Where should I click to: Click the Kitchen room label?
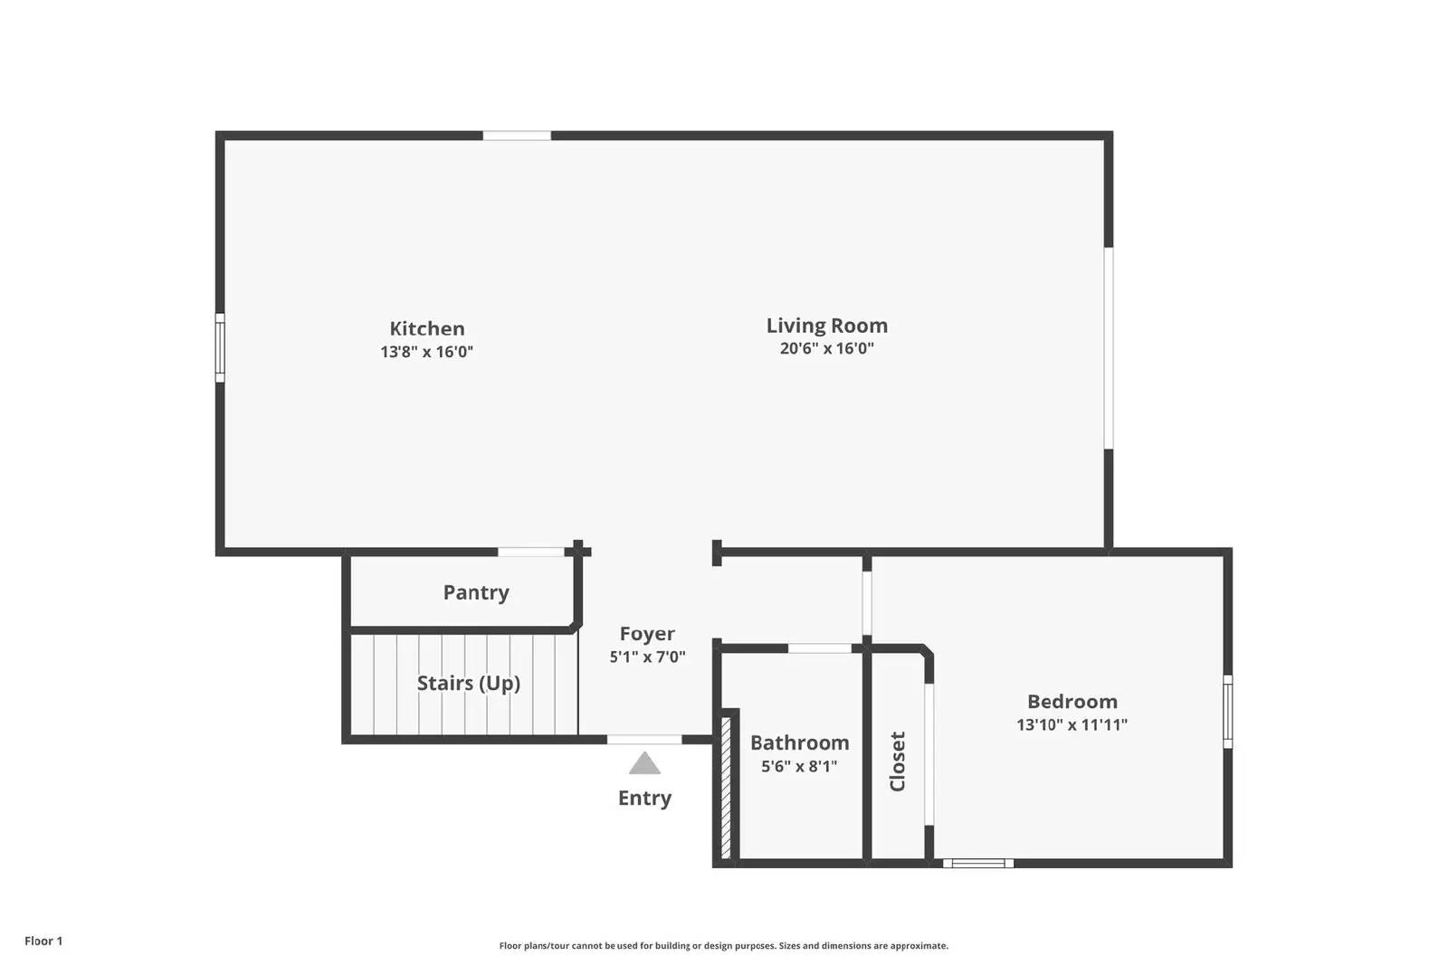tap(427, 328)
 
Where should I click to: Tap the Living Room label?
tap(826, 326)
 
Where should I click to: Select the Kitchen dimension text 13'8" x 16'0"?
tap(426, 352)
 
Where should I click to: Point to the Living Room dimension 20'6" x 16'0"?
tap(826, 348)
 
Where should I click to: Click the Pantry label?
tap(476, 592)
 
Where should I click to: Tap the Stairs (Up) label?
tap(468, 683)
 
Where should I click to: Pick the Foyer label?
tap(647, 634)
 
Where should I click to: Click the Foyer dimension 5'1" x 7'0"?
tap(647, 658)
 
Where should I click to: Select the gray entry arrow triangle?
tap(644, 764)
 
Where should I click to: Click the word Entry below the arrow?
tap(644, 798)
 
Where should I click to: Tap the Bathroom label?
tap(799, 743)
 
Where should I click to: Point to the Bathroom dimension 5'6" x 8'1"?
tap(799, 766)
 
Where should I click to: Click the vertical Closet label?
tap(898, 762)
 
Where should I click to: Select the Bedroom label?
tap(1072, 701)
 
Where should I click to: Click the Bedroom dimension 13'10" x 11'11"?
tap(1072, 724)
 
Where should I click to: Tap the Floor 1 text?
tap(43, 941)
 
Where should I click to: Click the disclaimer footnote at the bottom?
tap(723, 946)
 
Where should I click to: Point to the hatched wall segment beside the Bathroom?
tap(726, 787)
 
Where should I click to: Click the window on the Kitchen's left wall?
tap(220, 347)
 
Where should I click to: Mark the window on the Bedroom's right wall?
tap(1228, 711)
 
